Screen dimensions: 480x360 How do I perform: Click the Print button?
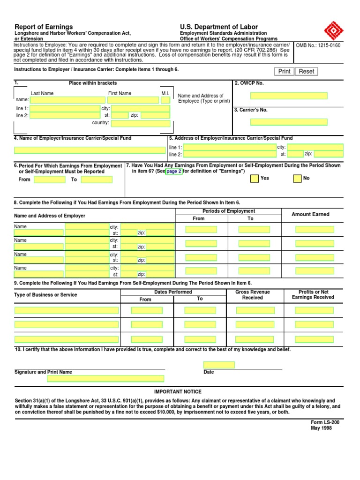coord(285,71)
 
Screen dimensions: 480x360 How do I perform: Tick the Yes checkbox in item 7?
coord(255,179)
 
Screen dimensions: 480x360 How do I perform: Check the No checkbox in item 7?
coord(297,179)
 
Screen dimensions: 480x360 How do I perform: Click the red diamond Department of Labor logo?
coord(334,31)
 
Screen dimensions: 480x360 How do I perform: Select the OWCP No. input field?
coord(289,96)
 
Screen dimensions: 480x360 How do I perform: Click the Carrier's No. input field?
coord(289,122)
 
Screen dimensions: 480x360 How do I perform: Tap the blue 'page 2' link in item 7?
coord(174,172)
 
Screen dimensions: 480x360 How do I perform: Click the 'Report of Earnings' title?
coord(44,27)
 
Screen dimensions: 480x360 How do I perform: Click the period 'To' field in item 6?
coord(97,180)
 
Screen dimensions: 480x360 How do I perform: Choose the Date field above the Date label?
coord(219,365)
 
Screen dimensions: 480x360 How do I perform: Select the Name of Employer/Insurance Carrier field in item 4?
coord(89,150)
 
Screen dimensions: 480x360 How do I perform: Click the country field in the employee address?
coord(140,123)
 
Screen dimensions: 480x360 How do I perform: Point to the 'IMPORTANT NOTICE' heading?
coord(178,392)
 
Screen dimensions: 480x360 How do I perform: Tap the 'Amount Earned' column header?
coord(310,214)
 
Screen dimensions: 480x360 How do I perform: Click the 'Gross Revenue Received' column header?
coord(253,295)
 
